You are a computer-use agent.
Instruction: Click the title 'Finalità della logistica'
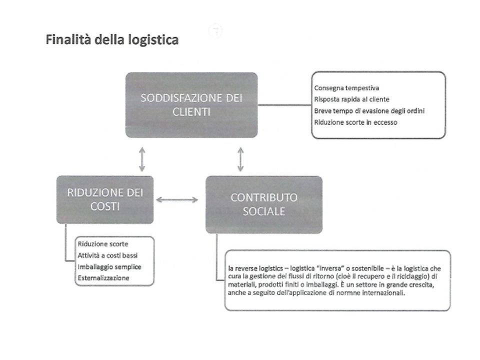112,40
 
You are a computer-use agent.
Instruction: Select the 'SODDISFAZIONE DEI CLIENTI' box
191,105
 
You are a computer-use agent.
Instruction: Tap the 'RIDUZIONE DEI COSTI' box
105,199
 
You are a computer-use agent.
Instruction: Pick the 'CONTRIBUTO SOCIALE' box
264,204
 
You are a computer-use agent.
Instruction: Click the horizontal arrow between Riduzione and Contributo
177,200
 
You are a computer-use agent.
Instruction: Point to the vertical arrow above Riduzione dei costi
142,159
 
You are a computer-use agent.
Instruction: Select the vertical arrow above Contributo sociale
240,159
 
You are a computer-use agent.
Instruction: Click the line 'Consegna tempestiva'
346,88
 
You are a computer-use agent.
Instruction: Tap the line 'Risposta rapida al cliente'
351,99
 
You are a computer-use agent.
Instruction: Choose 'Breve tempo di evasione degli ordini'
369,111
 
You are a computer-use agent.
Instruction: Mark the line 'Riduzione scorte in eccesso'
355,122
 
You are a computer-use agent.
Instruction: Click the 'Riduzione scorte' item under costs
103,244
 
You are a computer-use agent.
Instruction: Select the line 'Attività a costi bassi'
108,255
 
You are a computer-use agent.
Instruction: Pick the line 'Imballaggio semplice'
109,267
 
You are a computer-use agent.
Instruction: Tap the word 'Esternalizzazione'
103,278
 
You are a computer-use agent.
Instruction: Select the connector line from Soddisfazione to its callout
284,105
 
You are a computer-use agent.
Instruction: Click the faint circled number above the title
216,30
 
